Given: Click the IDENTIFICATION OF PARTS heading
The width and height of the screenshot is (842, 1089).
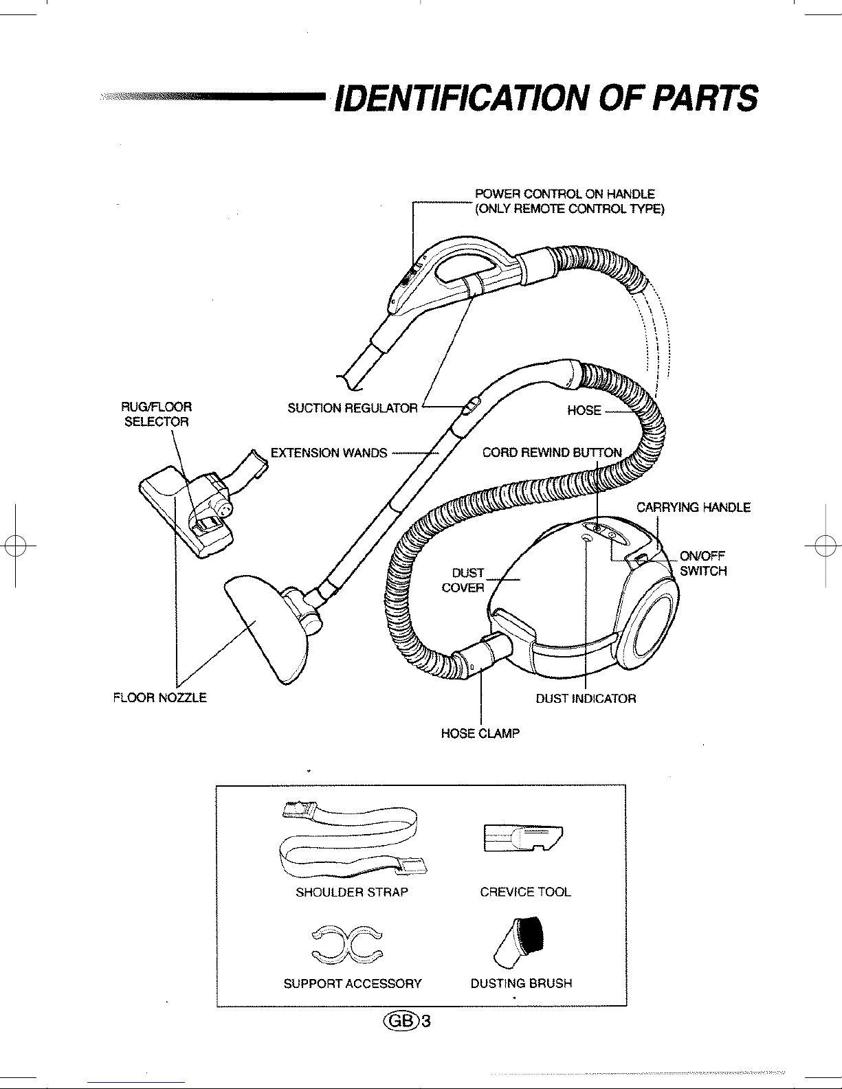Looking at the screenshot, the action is [546, 98].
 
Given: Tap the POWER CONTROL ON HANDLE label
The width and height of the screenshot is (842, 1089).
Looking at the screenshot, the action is [565, 194].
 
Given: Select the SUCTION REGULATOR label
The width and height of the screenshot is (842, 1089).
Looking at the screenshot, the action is [353, 408].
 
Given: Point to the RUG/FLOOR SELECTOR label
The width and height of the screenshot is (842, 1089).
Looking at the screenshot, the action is [157, 414].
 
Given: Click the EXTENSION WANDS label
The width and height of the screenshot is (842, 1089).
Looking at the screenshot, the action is [329, 453].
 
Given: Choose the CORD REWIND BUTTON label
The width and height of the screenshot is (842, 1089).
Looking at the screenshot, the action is [552, 453].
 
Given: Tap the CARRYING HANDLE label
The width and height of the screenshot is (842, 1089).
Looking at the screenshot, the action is [694, 507].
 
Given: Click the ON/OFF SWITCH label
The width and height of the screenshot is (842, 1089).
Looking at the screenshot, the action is [703, 563].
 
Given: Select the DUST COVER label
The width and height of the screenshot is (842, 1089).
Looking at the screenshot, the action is [463, 580].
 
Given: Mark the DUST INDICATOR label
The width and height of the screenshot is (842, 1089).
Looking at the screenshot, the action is [586, 699].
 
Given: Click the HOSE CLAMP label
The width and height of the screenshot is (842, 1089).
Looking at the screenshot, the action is [480, 733].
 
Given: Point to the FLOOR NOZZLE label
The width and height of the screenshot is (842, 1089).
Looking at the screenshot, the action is [160, 697].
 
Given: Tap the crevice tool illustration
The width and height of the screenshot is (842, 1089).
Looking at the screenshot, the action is [523, 838].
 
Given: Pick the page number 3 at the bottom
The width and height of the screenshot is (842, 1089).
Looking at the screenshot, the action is [426, 1022].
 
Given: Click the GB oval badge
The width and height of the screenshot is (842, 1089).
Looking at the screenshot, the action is [401, 1022].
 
